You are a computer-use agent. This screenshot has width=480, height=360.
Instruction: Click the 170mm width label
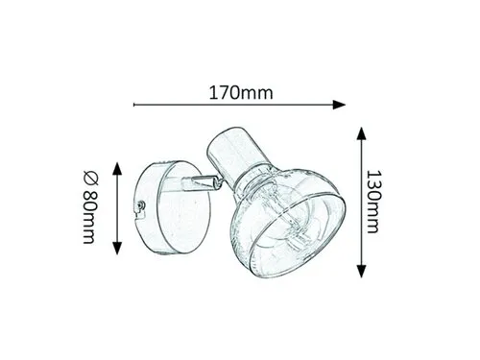pyautogui.click(x=241, y=93)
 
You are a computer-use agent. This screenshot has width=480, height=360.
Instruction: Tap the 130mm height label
pyautogui.click(x=373, y=202)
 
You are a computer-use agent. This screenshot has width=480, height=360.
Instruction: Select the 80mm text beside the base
pyautogui.click(x=89, y=218)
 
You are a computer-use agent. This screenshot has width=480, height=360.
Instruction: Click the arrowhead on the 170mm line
pyautogui.click(x=339, y=105)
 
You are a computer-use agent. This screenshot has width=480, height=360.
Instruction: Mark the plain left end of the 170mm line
pyautogui.click(x=134, y=105)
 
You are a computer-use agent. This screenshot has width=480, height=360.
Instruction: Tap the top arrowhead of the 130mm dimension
pyautogui.click(x=361, y=133)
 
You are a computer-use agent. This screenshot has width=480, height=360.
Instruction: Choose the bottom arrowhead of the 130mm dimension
pyautogui.click(x=361, y=272)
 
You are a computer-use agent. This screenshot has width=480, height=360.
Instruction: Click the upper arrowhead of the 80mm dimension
pyautogui.click(x=117, y=169)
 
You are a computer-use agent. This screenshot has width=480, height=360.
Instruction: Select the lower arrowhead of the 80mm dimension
pyautogui.click(x=117, y=249)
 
